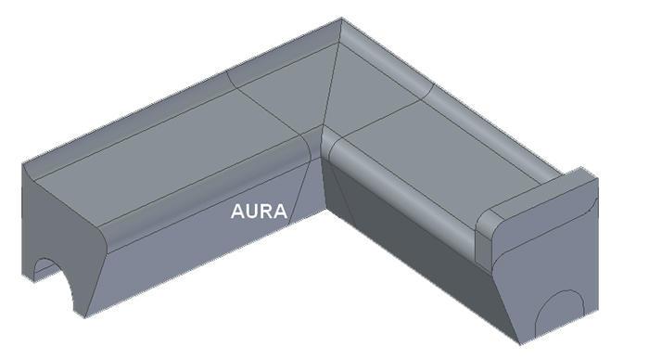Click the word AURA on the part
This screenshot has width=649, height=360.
coord(259,212)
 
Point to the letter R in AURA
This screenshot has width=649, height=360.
coord(266,212)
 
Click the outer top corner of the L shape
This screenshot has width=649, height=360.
coord(341,18)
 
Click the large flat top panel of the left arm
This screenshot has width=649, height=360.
coord(166,158)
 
